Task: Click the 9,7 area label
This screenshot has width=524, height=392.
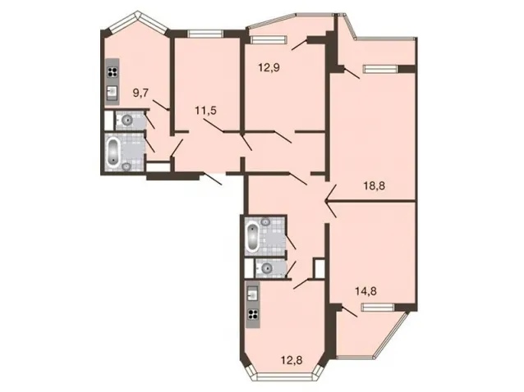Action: pos(140,93)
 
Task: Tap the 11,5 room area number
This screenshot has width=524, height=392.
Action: pos(206,110)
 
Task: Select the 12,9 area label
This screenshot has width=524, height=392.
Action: pos(269,68)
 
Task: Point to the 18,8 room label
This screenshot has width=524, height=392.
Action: pos(375,185)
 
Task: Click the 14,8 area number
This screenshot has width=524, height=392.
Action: pos(365,291)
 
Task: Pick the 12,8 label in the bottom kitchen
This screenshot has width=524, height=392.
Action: pos(292,360)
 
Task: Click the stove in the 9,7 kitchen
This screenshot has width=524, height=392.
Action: pos(113,72)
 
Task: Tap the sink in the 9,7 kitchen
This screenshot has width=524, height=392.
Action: pos(113,91)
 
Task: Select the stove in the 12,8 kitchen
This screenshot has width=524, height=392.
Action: pos(253,314)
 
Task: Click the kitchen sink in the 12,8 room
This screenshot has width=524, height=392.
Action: pos(253,294)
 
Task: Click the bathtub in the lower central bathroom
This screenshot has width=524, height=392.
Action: pos(252,239)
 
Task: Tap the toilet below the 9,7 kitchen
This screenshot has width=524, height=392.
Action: pos(126,120)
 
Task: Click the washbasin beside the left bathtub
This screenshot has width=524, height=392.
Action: pos(126,166)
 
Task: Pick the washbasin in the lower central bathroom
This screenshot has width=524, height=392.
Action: pos(266,221)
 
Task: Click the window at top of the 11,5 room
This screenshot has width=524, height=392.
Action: pos(205,34)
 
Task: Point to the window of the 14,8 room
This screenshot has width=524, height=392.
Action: pos(378,307)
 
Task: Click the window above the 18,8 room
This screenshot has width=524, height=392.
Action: pos(381,69)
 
